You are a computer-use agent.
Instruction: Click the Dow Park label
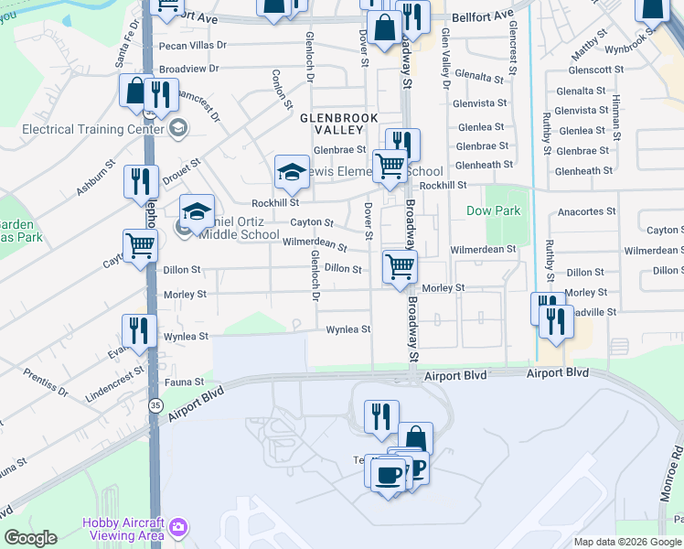pyautogui.click(x=494, y=210)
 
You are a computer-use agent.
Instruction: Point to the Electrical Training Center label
pyautogui.click(x=87, y=129)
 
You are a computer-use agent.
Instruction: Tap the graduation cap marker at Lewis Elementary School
pyautogui.click(x=292, y=171)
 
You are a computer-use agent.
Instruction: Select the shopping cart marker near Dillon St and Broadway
pyautogui.click(x=400, y=267)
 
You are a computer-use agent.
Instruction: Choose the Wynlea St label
pyautogui.click(x=349, y=329)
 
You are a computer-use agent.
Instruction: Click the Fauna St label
pyautogui.click(x=184, y=381)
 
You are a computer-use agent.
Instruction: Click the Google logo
pyautogui.click(x=30, y=538)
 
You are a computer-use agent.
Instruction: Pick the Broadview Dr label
pyautogui.click(x=189, y=69)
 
